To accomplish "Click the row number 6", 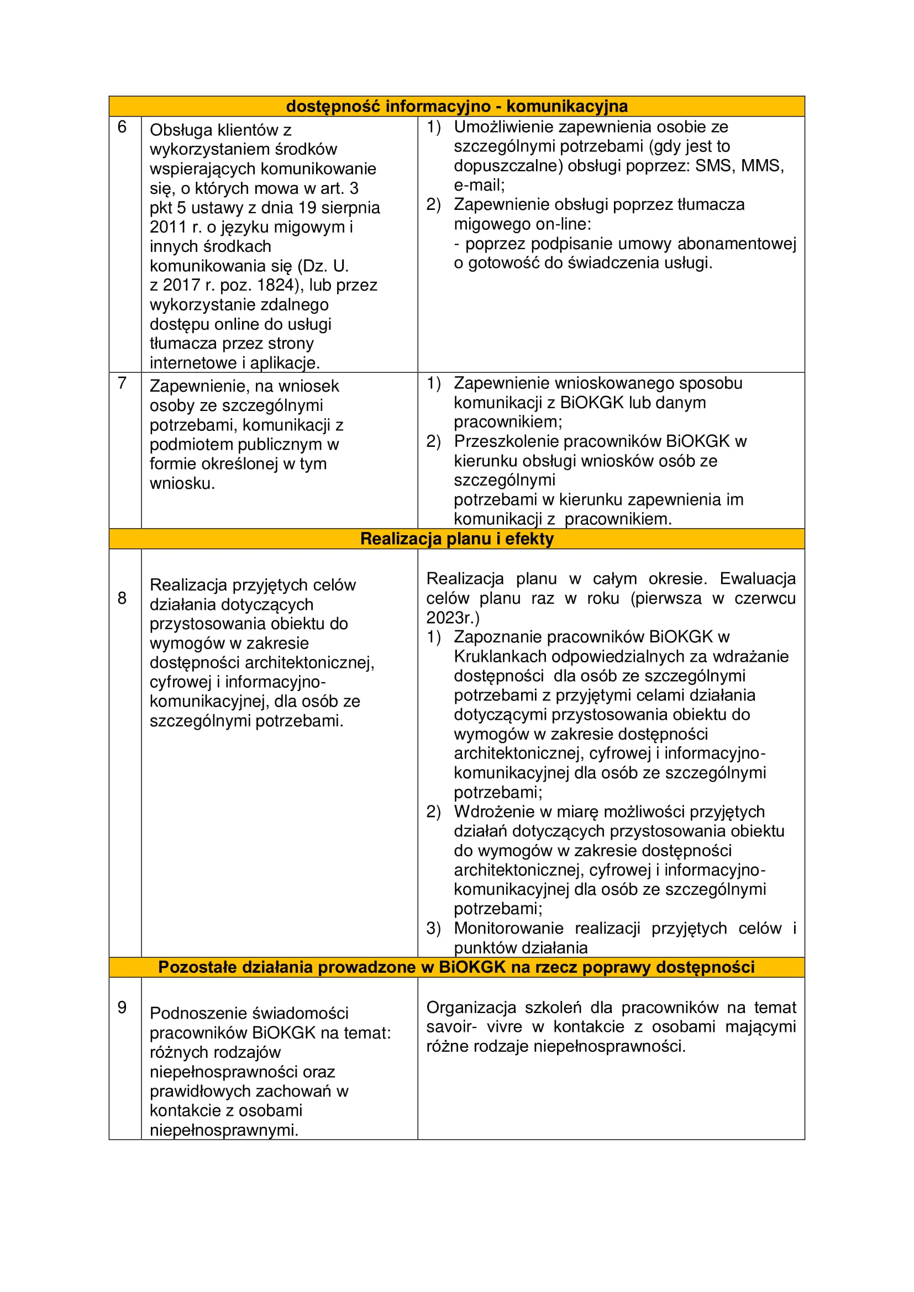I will tap(122, 127).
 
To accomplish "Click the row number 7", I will tap(122, 383).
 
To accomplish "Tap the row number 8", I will tap(122, 598).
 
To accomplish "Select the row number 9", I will tap(122, 1008).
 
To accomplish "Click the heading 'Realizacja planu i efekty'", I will tap(456, 539).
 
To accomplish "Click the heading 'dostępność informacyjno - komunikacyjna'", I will tap(456, 107).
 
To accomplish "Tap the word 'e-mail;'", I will tap(479, 185).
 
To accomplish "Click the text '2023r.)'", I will tap(453, 618).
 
